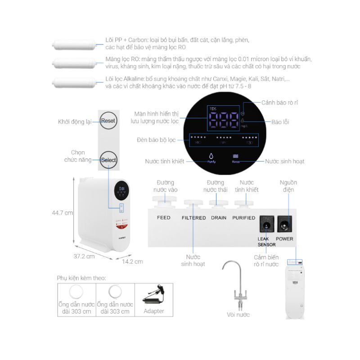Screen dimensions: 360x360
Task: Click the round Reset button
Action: click(x=108, y=121)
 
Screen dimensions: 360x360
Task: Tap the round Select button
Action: click(x=108, y=160)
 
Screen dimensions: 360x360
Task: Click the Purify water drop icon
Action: click(x=211, y=156)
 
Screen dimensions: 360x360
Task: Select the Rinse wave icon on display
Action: click(x=235, y=156)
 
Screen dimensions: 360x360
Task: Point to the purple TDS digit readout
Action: click(x=223, y=121)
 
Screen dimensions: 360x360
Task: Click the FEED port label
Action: click(x=163, y=218)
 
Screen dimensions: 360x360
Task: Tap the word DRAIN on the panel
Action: click(x=219, y=218)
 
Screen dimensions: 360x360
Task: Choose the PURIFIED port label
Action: click(x=243, y=218)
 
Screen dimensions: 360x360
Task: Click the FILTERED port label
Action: click(x=193, y=218)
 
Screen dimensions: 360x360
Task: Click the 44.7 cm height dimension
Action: click(x=63, y=213)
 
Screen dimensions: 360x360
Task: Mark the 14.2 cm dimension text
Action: click(x=132, y=261)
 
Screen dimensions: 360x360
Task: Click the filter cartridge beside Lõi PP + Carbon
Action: click(x=72, y=44)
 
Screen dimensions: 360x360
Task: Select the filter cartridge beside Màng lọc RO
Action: click(x=72, y=63)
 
